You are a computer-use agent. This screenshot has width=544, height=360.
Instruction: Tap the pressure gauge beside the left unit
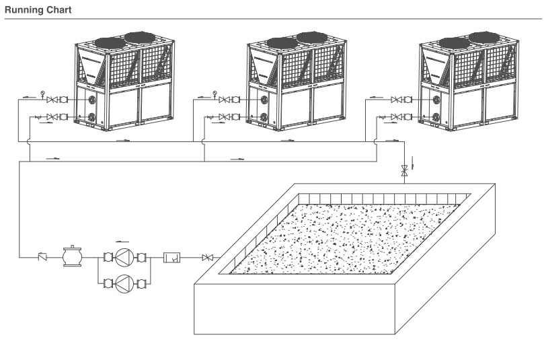coord(42,94)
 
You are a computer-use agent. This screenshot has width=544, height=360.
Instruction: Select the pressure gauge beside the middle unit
coord(215,94)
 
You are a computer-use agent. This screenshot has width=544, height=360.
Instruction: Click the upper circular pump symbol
coord(124,258)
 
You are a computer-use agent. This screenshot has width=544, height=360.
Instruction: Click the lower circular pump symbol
coord(124,283)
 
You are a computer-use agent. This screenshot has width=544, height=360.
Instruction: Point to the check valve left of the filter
coord(42,257)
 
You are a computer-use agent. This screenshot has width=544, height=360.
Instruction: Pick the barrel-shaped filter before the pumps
coord(72,256)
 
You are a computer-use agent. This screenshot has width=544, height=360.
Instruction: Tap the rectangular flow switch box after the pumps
coord(172,258)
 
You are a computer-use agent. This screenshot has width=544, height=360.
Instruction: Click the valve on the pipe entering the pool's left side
coord(208,258)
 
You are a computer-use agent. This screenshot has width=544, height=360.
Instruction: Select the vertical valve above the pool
coord(404,170)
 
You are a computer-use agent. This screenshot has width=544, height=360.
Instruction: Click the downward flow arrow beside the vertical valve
coord(412,163)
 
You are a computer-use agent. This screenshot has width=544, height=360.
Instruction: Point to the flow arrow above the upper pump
coord(122,241)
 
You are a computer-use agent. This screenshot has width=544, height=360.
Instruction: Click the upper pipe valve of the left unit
coord(52,100)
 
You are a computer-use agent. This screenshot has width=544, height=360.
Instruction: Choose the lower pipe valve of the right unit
coord(396,117)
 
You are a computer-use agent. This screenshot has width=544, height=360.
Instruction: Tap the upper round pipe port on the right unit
coord(436,100)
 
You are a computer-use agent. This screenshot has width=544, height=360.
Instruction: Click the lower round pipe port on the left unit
coord(91,116)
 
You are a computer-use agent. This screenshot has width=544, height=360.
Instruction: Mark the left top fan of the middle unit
coord(282,43)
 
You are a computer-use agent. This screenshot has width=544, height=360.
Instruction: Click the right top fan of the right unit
coord(484,38)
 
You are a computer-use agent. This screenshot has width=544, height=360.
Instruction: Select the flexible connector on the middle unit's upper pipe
coord(236,100)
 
